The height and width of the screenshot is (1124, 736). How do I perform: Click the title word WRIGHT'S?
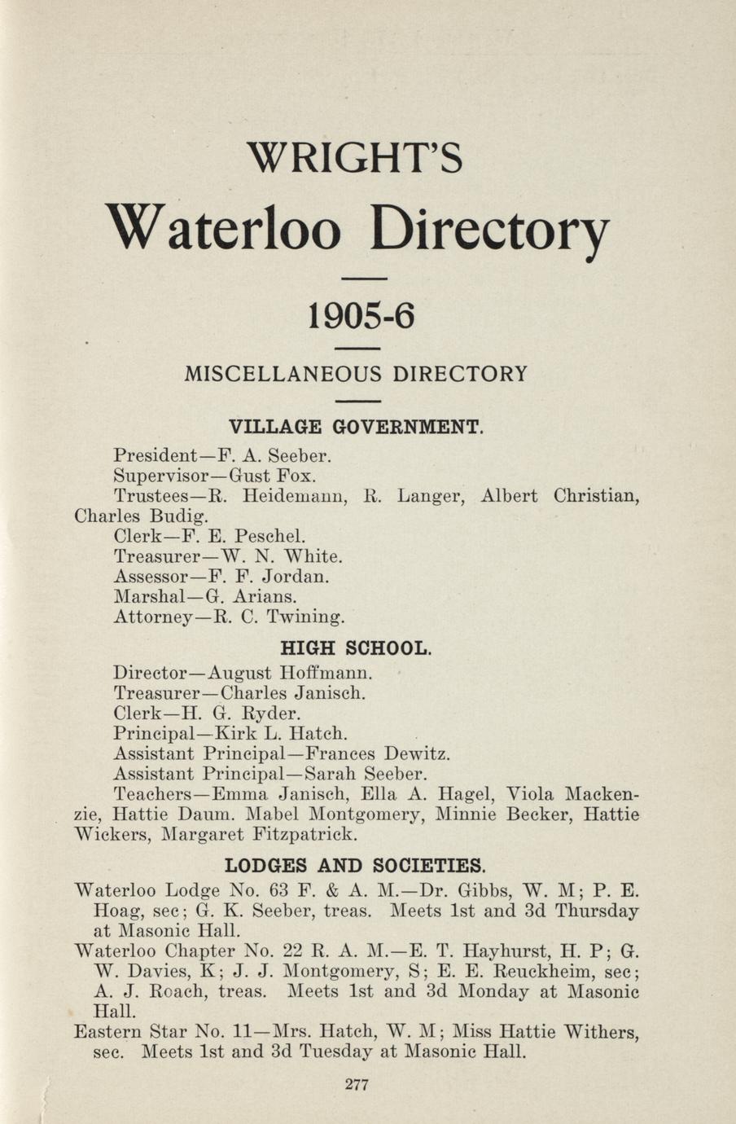pos(355,158)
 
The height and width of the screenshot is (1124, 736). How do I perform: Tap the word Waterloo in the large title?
pos(224,229)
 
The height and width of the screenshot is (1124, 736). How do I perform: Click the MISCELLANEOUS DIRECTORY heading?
pos(357,375)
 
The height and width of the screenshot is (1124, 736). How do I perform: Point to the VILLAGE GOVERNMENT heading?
pos(356,427)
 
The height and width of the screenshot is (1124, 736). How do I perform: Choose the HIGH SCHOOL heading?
pos(355,649)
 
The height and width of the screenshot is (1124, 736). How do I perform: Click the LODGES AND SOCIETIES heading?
pos(356,864)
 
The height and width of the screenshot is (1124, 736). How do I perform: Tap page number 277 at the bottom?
pos(357,1085)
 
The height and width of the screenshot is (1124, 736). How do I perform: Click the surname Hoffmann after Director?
pos(325,674)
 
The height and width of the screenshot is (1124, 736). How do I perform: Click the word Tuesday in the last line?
pos(336,1052)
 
